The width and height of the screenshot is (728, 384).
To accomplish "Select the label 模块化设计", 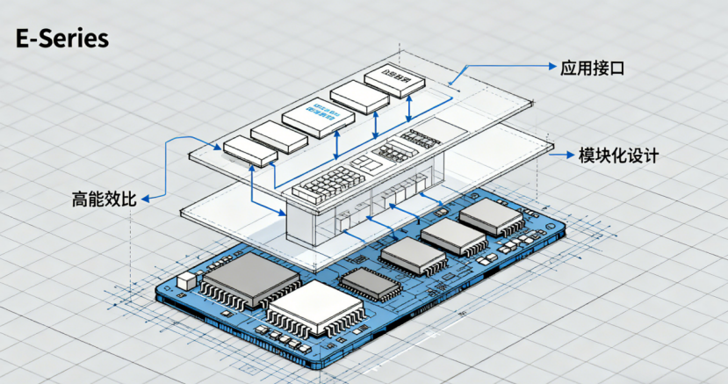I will click(618, 156).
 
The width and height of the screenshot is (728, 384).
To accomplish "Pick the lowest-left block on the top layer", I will click(249, 150).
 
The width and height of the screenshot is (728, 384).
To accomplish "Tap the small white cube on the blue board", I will click(187, 281).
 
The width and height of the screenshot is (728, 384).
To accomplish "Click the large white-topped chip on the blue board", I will click(314, 308).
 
